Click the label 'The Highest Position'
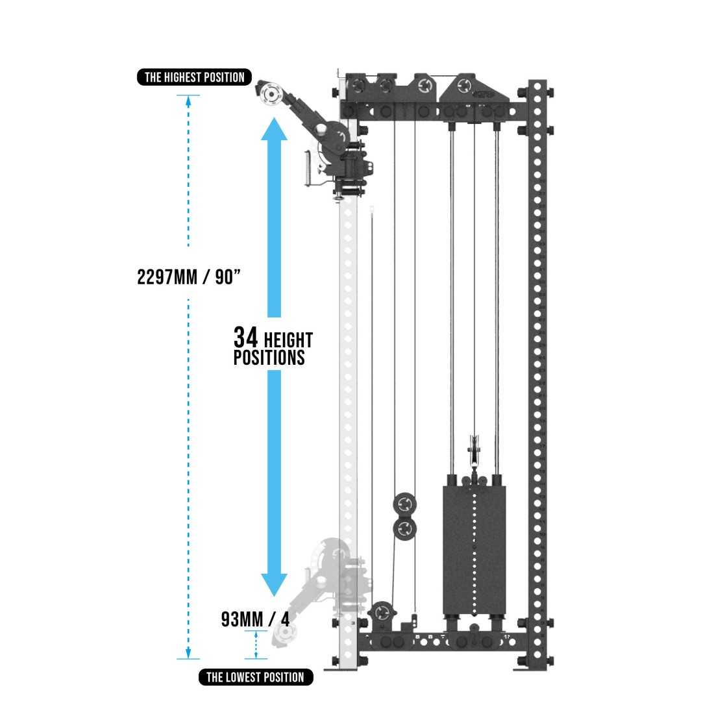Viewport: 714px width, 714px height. click(194, 78)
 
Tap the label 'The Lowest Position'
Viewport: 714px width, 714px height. click(255, 677)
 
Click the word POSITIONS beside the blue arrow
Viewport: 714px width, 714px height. click(269, 357)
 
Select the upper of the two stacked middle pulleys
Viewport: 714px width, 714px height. click(404, 504)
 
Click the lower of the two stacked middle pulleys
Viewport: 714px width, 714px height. click(404, 528)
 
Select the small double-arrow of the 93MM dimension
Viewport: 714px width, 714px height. click(256, 646)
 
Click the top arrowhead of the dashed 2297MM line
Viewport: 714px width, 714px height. click(189, 99)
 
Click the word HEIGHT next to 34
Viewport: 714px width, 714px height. click(288, 340)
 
